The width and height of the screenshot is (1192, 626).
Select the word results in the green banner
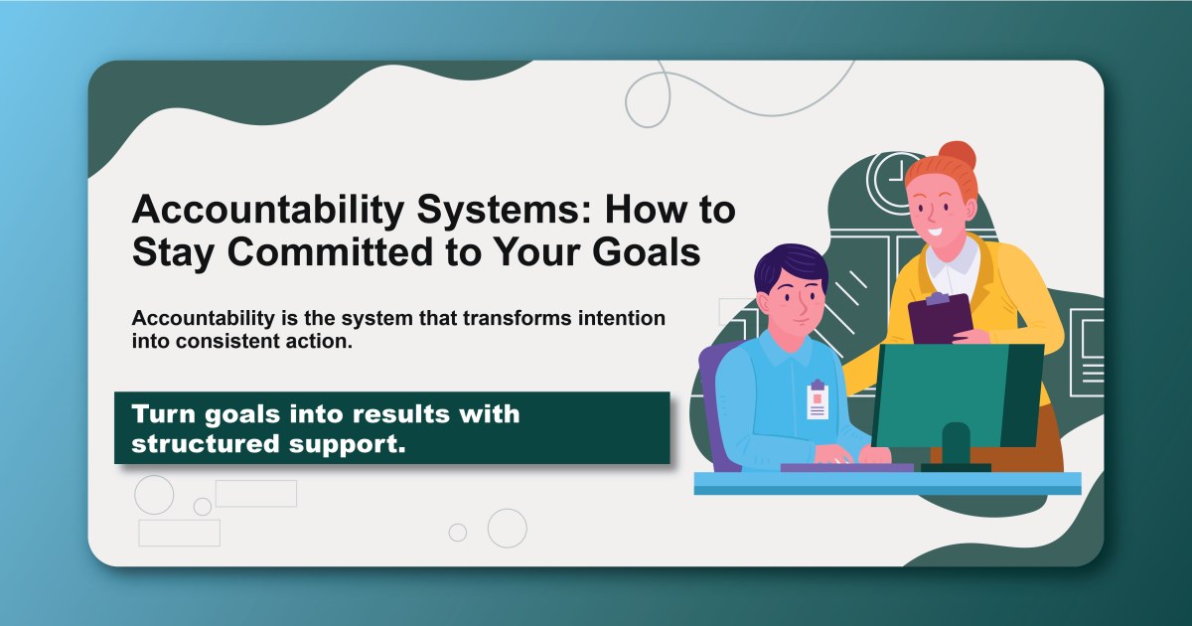point(381,413)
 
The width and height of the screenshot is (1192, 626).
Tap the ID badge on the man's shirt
point(817,399)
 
